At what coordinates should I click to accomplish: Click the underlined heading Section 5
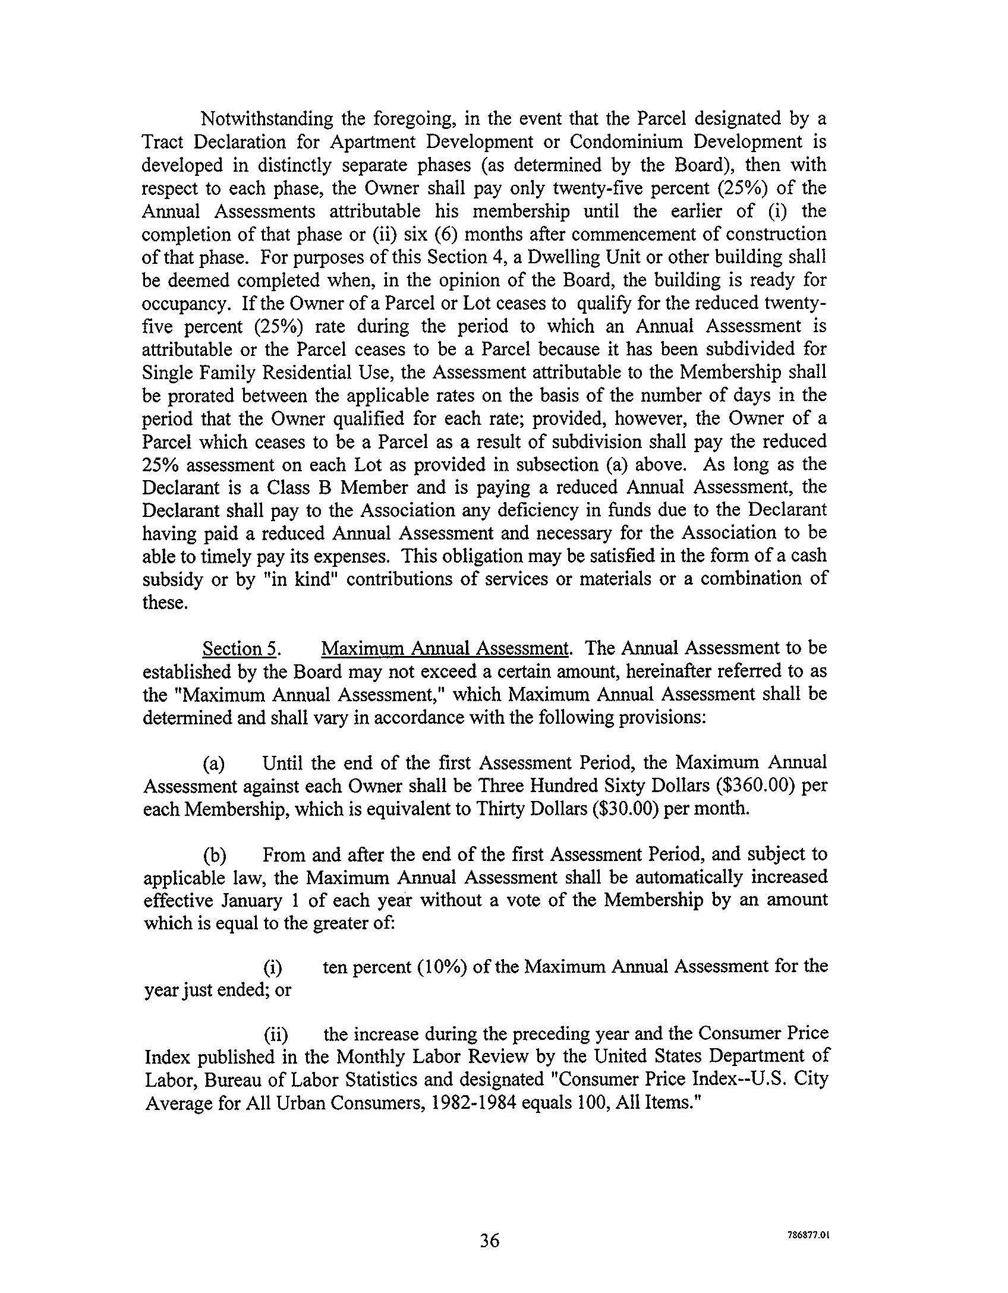click(x=241, y=648)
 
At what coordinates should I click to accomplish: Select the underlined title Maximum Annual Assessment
click(x=445, y=648)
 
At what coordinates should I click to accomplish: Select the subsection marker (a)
click(x=214, y=764)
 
